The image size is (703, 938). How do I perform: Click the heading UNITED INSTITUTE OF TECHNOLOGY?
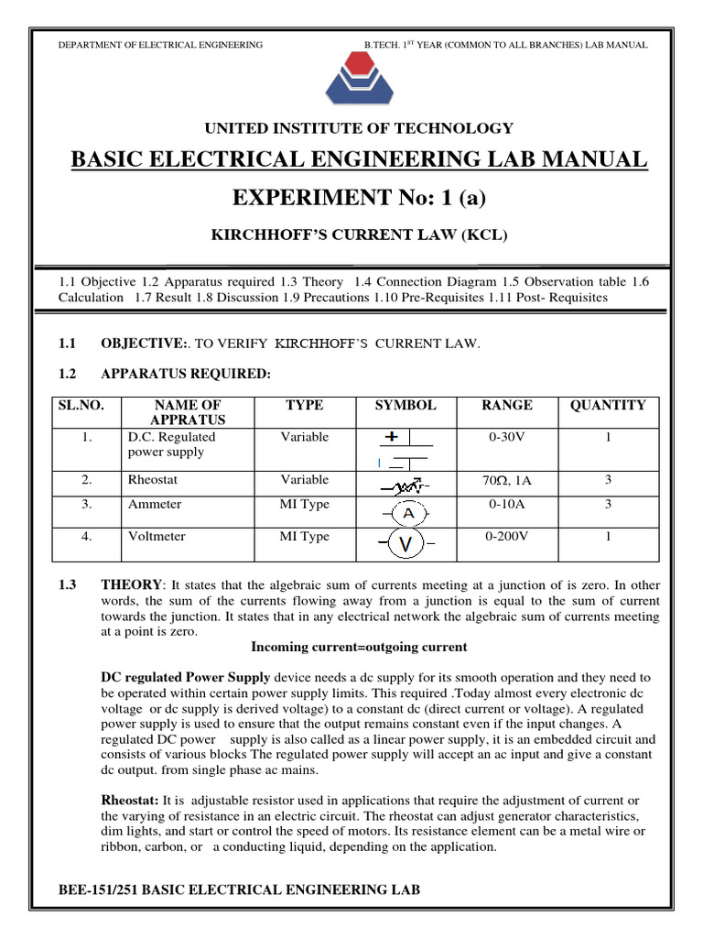click(x=351, y=128)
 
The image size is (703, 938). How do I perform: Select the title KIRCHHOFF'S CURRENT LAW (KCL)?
click(x=359, y=235)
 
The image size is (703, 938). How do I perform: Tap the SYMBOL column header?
click(x=406, y=405)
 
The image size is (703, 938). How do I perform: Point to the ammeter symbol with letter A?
click(x=406, y=513)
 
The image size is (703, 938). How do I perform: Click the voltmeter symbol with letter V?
click(x=406, y=546)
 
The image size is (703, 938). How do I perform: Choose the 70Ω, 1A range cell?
click(x=508, y=480)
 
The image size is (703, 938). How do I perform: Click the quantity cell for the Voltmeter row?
click(x=608, y=537)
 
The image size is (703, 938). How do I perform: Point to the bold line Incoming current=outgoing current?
click(x=359, y=647)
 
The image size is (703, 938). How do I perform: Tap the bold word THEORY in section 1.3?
click(x=130, y=584)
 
